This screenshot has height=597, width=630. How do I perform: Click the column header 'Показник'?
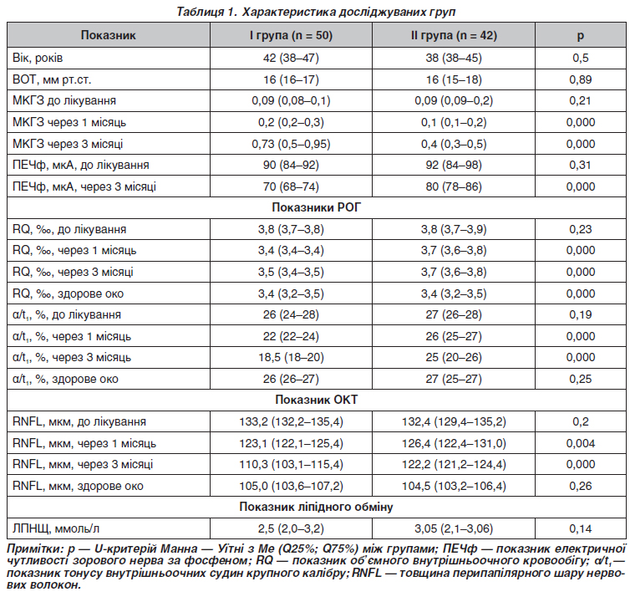click(x=108, y=35)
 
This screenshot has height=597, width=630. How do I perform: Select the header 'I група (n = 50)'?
click(x=291, y=35)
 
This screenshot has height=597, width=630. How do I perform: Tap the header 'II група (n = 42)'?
click(x=454, y=35)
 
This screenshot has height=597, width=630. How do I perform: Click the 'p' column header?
click(x=580, y=36)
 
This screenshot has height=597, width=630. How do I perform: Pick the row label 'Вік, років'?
click(x=38, y=58)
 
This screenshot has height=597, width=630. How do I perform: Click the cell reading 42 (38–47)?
click(x=291, y=58)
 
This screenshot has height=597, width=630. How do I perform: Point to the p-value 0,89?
click(x=580, y=79)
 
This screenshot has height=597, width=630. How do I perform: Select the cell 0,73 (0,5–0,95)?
click(x=291, y=144)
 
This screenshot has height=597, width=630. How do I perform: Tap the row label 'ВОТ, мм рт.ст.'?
click(x=52, y=79)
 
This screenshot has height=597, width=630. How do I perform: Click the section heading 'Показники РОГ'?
click(x=316, y=207)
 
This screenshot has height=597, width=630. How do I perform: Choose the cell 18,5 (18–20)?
click(x=291, y=357)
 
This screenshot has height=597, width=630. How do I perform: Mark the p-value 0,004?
click(x=580, y=443)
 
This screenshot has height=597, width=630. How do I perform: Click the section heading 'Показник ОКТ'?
click(x=316, y=400)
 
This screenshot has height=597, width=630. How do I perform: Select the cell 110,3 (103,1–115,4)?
click(x=291, y=465)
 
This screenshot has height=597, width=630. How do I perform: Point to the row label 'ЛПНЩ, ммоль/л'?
click(x=56, y=528)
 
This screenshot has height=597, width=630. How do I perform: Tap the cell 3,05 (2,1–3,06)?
click(x=454, y=528)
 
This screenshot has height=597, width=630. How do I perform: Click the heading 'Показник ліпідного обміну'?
click(x=316, y=507)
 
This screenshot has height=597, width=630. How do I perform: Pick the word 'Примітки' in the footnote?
click(x=34, y=549)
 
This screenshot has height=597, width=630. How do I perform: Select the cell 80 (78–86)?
click(x=454, y=186)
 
